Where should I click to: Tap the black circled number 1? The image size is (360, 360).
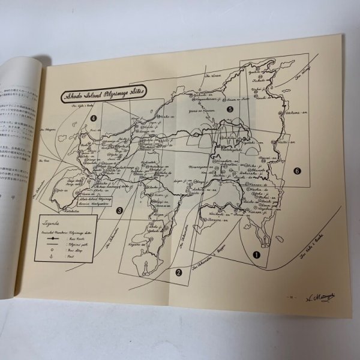[257, 254]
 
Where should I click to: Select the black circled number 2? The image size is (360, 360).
[178, 272]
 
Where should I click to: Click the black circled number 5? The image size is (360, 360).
[230, 110]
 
